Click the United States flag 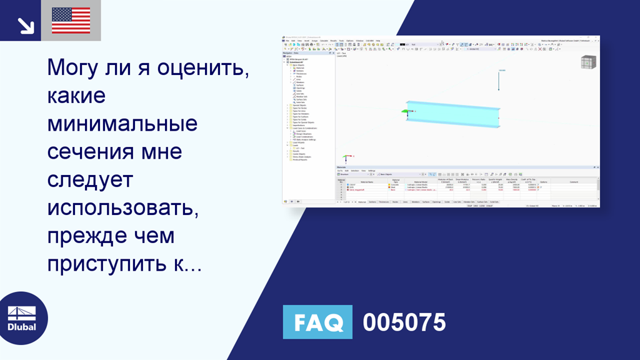(71, 21)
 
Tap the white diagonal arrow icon (26, 25)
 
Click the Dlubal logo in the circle (21, 318)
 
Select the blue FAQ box (317, 322)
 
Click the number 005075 (404, 322)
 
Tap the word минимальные (122, 124)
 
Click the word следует (90, 180)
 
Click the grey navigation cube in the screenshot (588, 62)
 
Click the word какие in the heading (76, 96)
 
